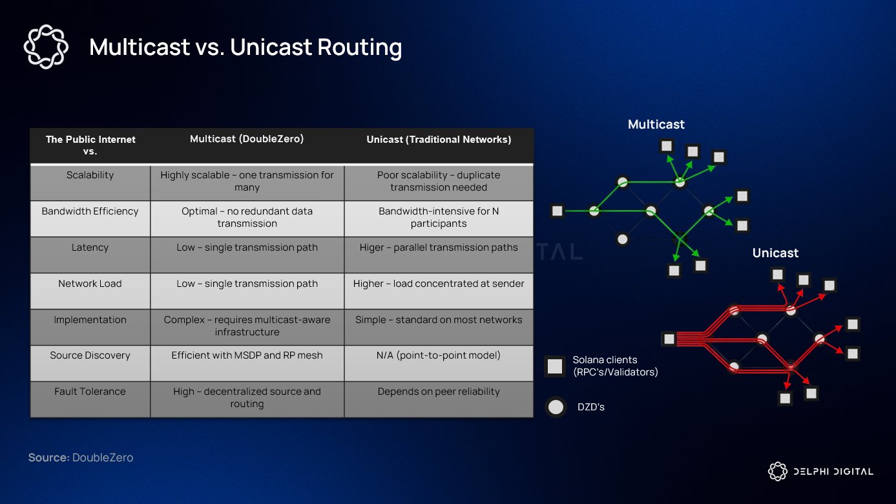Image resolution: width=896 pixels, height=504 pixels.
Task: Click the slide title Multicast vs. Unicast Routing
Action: pos(245,47)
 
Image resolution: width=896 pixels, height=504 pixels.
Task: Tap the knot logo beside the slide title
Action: pos(45,47)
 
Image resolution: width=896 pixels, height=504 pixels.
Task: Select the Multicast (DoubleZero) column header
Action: pos(247,140)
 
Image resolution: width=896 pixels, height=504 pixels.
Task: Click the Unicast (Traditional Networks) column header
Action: pos(439,140)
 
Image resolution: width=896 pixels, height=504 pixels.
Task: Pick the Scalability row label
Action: pos(90,175)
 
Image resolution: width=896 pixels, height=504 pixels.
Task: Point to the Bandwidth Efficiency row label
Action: pos(90,211)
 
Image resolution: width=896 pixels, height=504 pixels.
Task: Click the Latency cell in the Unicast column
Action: pos(439,247)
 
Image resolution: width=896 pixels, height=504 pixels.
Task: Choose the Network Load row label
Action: pos(90,284)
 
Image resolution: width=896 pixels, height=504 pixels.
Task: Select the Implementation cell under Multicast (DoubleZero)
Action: pos(247,326)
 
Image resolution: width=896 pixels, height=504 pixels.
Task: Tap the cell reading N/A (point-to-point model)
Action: pos(439,355)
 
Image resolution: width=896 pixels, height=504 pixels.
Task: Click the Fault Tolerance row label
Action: pos(90,392)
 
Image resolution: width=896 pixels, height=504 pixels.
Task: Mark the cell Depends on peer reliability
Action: pos(439,392)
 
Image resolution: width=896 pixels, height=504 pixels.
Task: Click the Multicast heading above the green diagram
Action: pos(656,125)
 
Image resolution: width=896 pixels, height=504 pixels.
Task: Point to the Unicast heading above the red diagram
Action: pos(775,253)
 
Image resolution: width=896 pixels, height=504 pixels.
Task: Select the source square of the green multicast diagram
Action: pos(557,211)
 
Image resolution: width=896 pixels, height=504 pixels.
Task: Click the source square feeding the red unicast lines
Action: pos(669,339)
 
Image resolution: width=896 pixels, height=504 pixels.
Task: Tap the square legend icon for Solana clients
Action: pos(555,366)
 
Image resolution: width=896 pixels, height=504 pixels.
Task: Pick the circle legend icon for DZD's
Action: pos(555,407)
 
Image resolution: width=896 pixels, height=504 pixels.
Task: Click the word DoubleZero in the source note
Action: pos(103,457)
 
